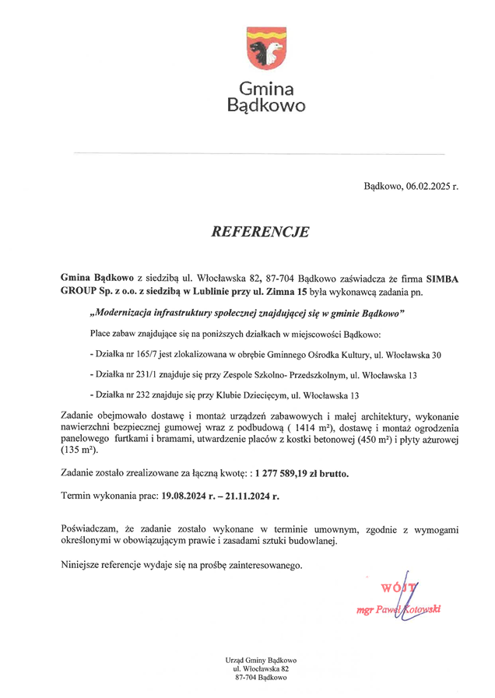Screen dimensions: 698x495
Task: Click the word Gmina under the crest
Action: pyautogui.click(x=265, y=88)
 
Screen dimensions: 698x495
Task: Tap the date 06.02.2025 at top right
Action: pyautogui.click(x=427, y=187)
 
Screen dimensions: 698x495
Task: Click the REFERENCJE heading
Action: pyautogui.click(x=260, y=232)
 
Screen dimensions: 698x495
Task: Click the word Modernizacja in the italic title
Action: pyautogui.click(x=126, y=313)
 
